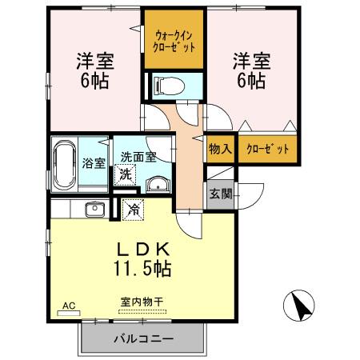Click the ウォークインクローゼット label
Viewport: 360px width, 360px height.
(x=174, y=40)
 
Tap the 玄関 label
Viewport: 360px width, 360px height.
(x=221, y=193)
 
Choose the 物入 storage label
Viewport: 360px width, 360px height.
(x=221, y=149)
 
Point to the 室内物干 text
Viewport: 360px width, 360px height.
(x=142, y=301)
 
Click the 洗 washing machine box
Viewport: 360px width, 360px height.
(x=125, y=174)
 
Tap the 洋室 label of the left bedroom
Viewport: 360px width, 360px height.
(x=94, y=61)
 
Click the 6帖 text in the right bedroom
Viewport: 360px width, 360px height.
(x=250, y=80)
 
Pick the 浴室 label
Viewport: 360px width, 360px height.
(x=94, y=163)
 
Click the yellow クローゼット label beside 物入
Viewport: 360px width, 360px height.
(x=266, y=149)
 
